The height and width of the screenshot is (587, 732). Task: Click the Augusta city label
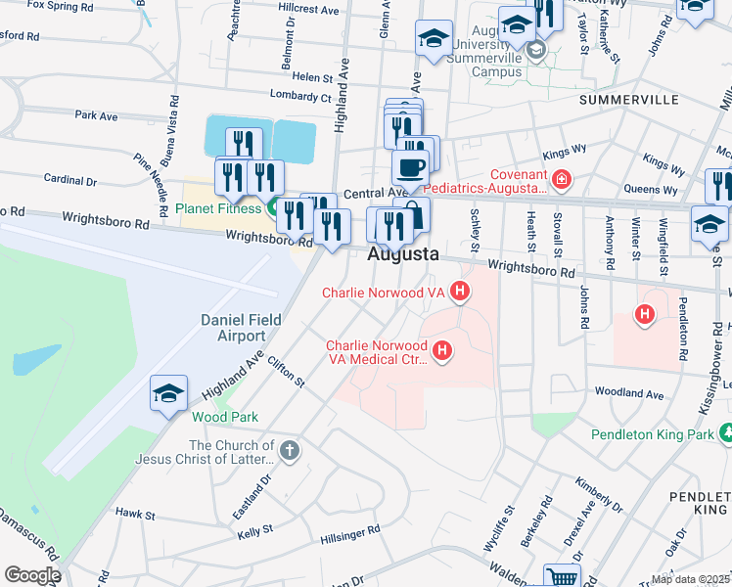point(402,254)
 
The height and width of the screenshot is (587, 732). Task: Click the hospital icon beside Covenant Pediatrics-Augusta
point(561,179)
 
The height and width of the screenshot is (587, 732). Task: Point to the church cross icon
point(288,451)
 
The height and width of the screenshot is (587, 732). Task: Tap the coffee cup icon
point(410,166)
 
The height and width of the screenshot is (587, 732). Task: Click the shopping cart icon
point(562,577)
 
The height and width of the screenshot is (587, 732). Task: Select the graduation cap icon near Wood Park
point(168,394)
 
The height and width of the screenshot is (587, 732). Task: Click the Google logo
point(32,575)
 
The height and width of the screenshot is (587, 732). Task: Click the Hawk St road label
point(135,513)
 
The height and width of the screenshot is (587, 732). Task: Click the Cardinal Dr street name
point(70,180)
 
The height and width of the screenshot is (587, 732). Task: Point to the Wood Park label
point(225,417)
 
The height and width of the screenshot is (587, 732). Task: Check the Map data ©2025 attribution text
point(690,579)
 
